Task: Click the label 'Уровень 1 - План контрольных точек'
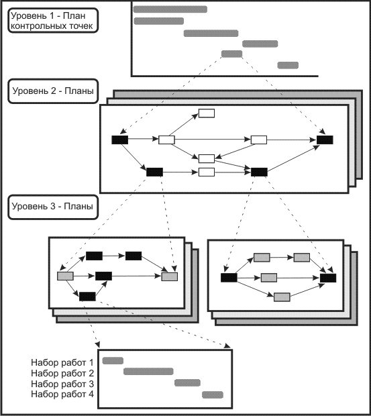coord(53,21)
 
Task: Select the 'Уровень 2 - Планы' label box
coord(53,91)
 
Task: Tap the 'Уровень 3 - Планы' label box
coord(53,207)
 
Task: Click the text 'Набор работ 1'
coord(62,362)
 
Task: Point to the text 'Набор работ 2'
coord(62,373)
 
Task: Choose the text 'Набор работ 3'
coord(62,384)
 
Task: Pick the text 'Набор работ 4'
coord(62,395)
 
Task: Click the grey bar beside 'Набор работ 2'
coord(148,372)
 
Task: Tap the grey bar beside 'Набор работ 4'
coord(213,395)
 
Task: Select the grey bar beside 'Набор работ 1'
coord(113,360)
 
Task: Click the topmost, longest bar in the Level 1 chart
coord(170,9)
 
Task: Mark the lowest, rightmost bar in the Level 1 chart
coord(288,65)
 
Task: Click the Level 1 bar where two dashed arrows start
coord(231,54)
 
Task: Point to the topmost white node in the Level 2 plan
coord(207,113)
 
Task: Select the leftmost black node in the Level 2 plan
coord(120,140)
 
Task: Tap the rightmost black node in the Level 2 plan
coord(325,140)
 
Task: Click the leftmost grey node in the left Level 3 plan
coord(65,276)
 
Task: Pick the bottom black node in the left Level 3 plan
coord(87,297)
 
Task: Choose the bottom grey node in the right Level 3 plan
coord(282,297)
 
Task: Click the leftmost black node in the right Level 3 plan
coord(229,278)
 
